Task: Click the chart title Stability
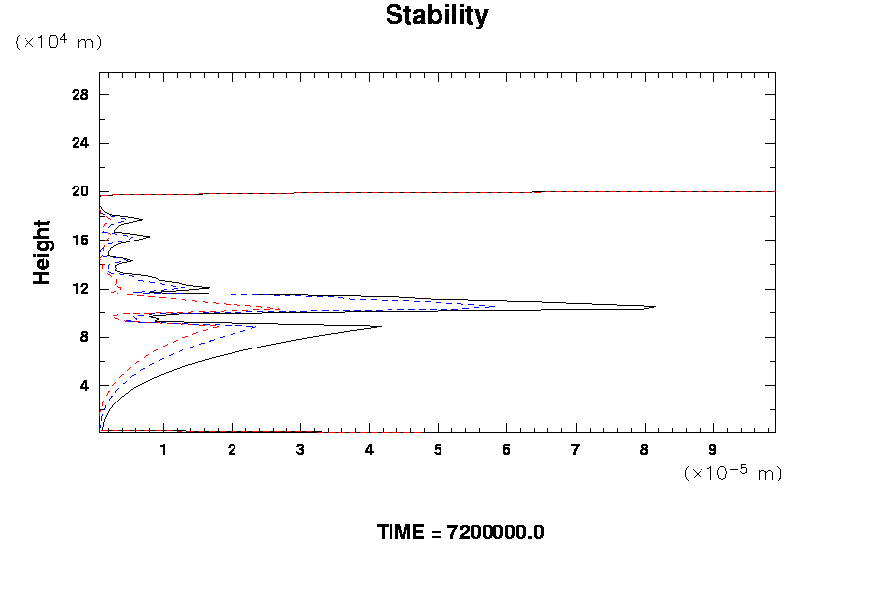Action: (437, 16)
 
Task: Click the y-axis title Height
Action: (42, 263)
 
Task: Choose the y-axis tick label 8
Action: (84, 337)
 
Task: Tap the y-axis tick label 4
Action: (84, 385)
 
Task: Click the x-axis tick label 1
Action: (163, 450)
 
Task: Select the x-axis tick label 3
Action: (300, 450)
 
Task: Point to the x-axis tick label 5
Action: (438, 450)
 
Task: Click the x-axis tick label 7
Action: (575, 450)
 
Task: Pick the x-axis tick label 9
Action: (712, 450)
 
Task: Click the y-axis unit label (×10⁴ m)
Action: (58, 42)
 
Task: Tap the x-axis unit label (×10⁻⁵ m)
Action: (732, 473)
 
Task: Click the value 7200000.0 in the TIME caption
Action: (495, 533)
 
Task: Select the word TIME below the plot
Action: (401, 533)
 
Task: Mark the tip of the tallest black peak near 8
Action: (655, 307)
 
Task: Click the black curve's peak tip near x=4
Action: (381, 327)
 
